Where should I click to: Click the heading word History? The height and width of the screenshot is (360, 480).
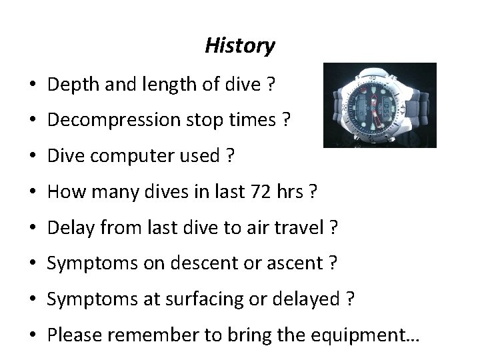tap(239, 46)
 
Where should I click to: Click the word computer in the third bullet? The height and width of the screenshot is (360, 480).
tap(115, 157)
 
